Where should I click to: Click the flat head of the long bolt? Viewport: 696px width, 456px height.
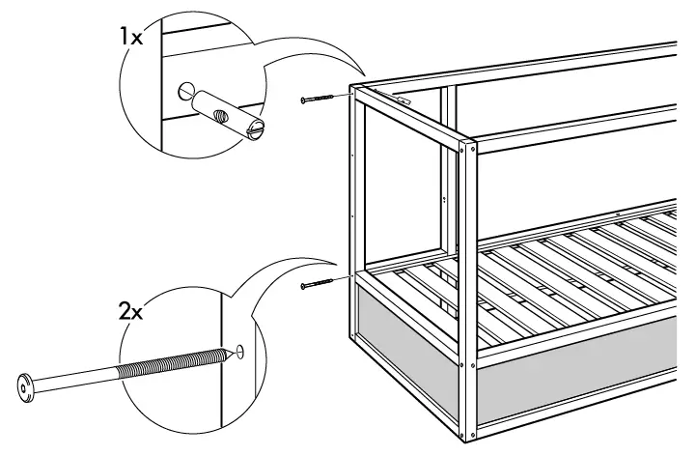click(x=26, y=387)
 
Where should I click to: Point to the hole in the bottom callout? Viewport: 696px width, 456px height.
click(x=237, y=352)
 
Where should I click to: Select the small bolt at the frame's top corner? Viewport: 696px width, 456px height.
click(x=319, y=99)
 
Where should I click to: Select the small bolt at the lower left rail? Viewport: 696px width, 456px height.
click(x=318, y=284)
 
